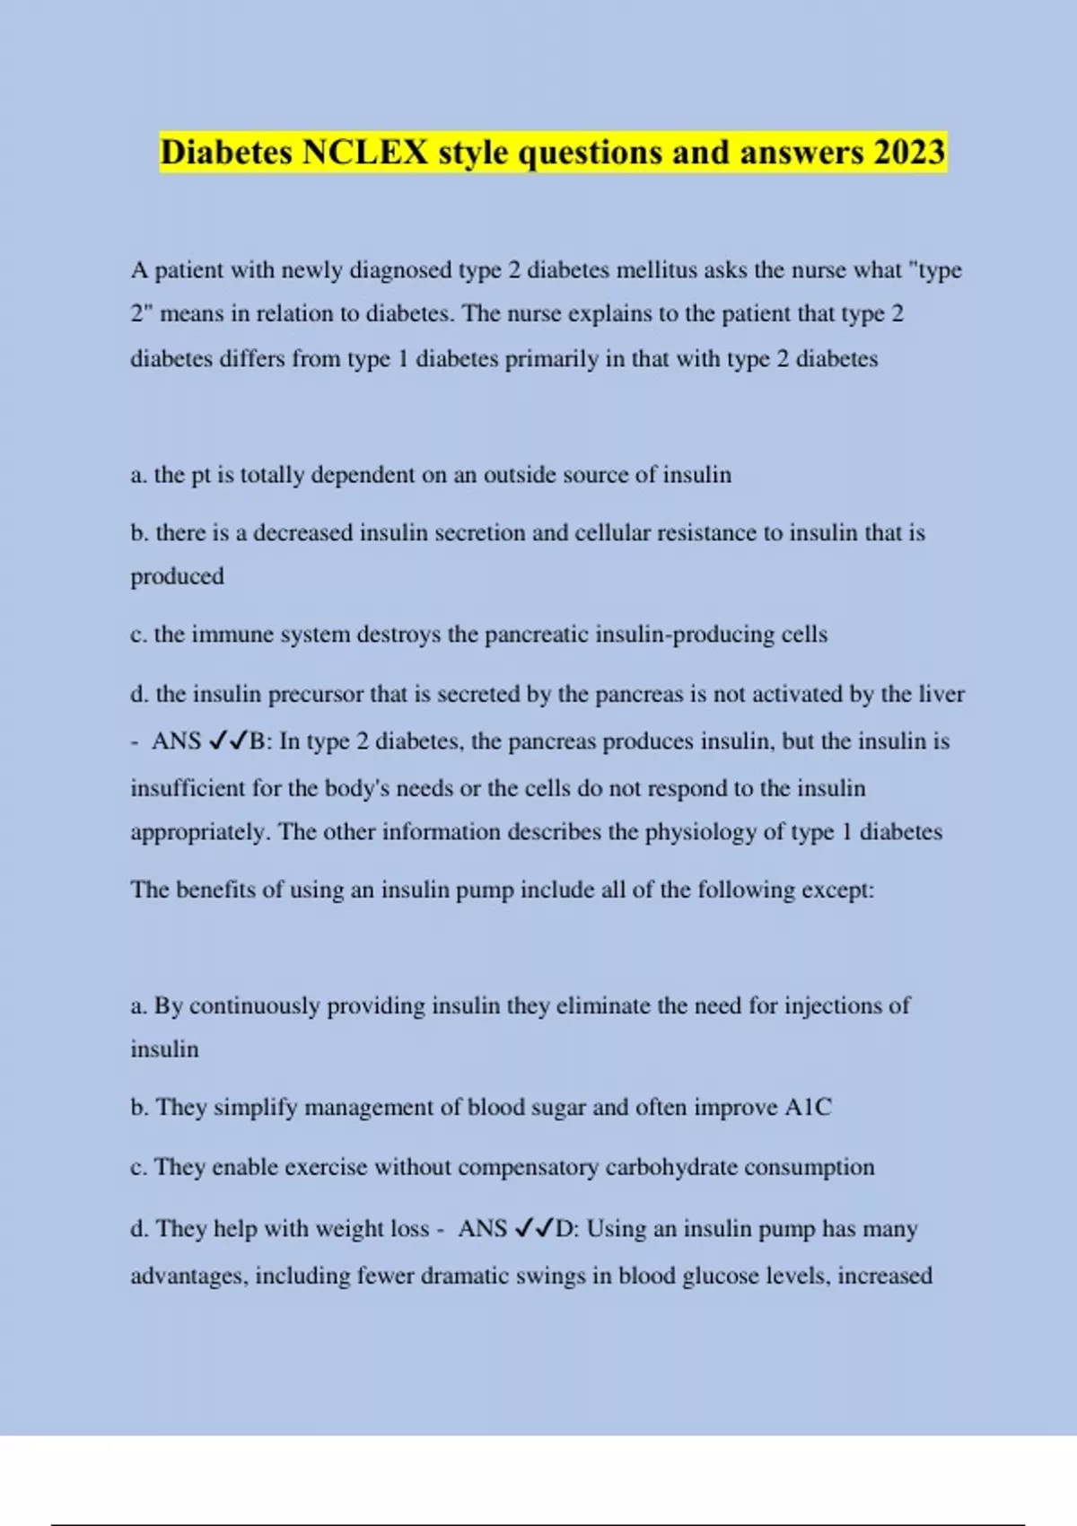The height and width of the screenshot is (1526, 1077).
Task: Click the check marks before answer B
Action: click(228, 741)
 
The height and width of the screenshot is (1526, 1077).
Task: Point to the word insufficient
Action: click(188, 789)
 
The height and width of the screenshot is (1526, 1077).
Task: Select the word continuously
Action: click(255, 1006)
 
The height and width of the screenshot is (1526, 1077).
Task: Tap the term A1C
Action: click(808, 1108)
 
